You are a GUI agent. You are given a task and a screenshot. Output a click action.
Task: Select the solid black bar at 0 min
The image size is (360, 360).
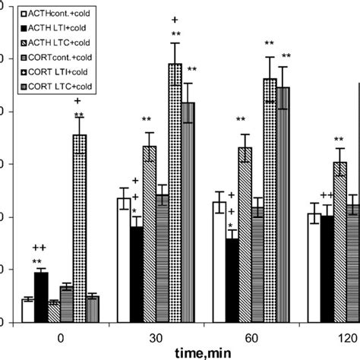(x=41, y=296)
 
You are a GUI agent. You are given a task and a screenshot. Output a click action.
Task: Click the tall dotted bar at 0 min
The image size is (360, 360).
(x=79, y=228)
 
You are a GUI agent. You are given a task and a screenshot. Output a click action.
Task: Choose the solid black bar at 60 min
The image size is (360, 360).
(x=232, y=280)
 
